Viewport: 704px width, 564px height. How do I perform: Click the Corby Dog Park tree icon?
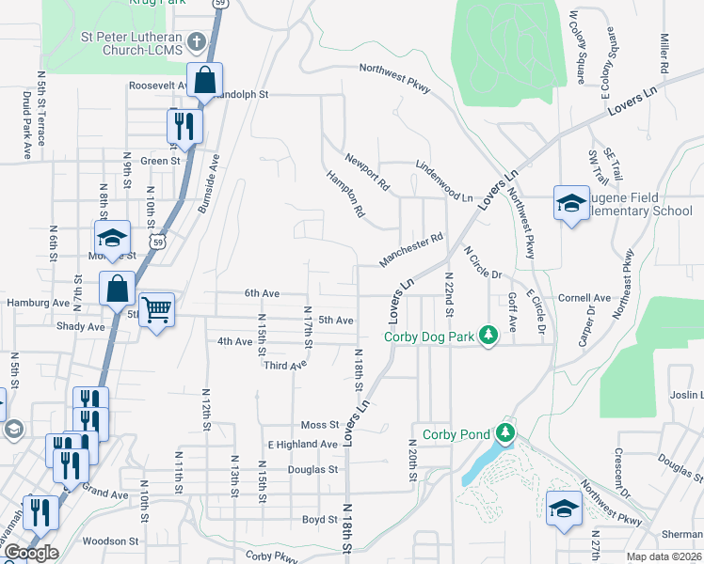[488, 336]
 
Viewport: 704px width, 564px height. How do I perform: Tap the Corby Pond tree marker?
[506, 432]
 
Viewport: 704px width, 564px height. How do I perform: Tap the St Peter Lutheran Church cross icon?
[197, 41]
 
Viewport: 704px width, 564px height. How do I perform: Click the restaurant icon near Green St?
[184, 125]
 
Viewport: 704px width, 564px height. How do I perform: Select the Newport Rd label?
[366, 168]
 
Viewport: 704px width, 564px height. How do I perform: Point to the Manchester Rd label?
[410, 251]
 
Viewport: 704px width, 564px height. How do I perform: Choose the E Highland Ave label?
[302, 444]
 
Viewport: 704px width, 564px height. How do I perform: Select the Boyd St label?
[319, 519]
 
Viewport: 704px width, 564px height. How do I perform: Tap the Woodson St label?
[110, 541]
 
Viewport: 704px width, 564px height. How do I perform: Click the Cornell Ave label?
[584, 297]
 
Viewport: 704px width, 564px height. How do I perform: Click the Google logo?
[30, 553]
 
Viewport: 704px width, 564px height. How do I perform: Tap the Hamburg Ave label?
[38, 304]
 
